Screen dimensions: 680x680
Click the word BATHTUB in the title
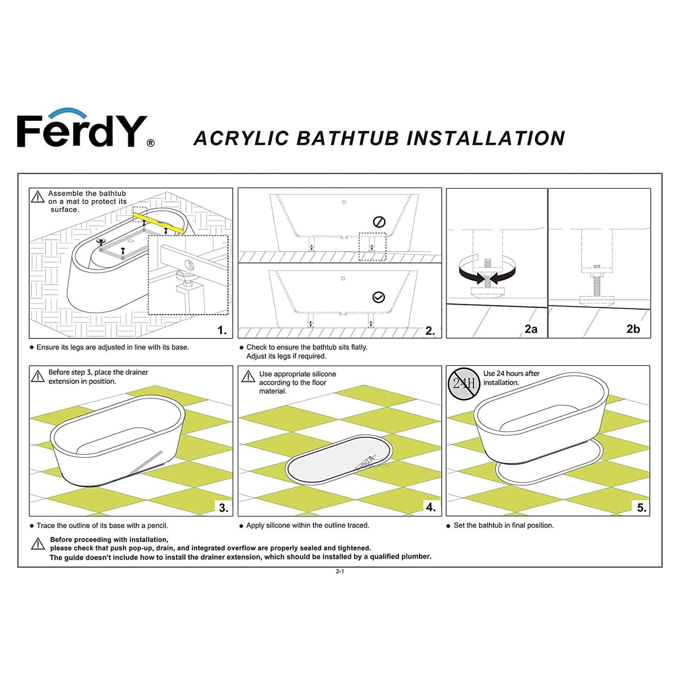(x=347, y=139)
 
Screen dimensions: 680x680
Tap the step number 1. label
(x=222, y=330)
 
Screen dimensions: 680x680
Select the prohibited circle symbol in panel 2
(x=379, y=222)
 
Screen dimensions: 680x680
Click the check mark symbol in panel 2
(x=378, y=297)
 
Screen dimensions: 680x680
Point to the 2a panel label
(x=531, y=329)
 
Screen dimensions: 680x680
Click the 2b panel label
(x=633, y=329)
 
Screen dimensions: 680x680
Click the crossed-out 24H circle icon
(x=464, y=383)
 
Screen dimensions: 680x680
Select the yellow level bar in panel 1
(x=158, y=223)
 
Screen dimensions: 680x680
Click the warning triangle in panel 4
(x=248, y=376)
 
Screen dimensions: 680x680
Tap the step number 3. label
(x=224, y=508)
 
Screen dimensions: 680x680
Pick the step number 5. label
(x=641, y=508)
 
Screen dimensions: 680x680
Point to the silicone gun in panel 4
(x=368, y=463)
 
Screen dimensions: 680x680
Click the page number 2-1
(x=340, y=571)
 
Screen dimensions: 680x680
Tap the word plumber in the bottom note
(x=416, y=557)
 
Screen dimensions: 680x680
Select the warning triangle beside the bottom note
(x=38, y=544)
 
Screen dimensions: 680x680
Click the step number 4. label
(x=431, y=507)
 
